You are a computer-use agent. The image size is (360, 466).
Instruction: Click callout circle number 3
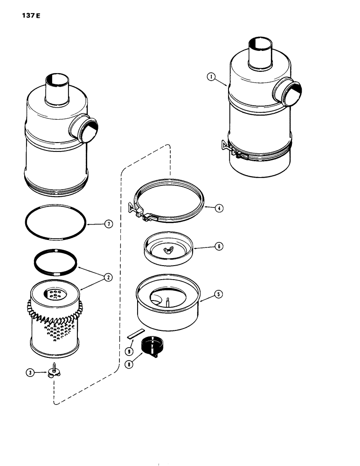(x=31, y=372)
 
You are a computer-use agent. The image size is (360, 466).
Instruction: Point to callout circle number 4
(x=217, y=208)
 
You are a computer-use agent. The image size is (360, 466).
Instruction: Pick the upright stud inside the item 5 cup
(x=167, y=302)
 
